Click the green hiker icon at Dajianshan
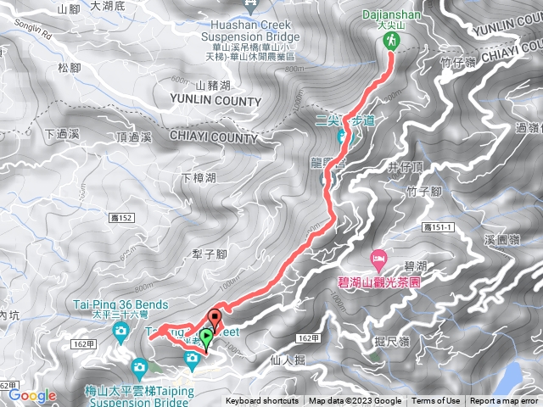[391, 41]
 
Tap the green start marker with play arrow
[206, 337]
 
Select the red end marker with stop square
[214, 321]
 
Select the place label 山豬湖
[213, 85]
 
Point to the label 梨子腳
[207, 254]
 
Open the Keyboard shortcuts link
[262, 401]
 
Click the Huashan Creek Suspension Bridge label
[252, 31]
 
